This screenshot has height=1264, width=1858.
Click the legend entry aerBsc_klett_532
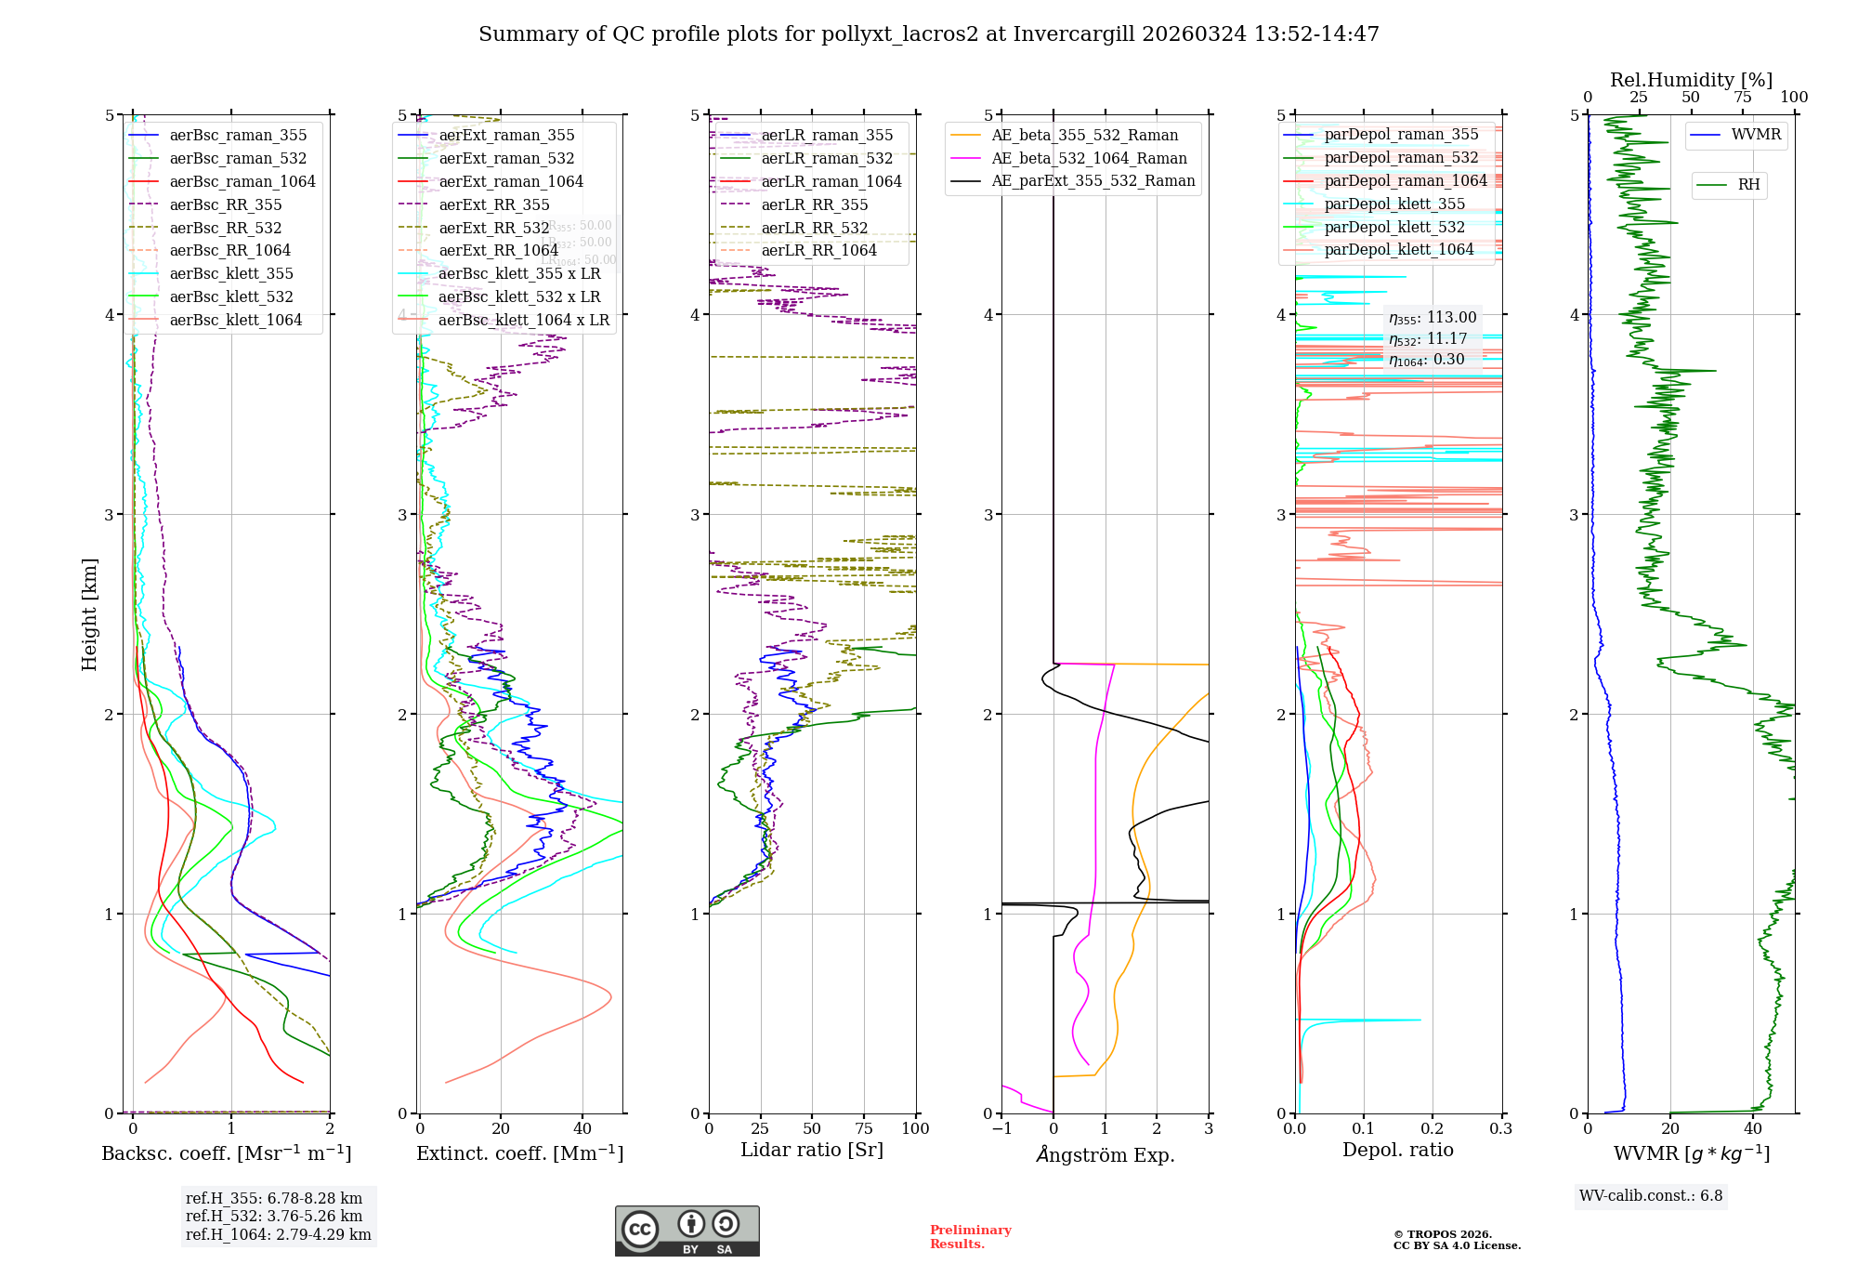click(x=230, y=297)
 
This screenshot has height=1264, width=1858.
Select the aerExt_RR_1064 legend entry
click(x=498, y=251)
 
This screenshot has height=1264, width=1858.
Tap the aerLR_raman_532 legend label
click(x=827, y=159)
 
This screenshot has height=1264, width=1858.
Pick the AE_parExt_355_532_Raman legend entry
click(x=1093, y=181)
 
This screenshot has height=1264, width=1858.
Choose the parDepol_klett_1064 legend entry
click(x=1398, y=250)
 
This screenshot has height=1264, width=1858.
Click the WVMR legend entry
click(x=1756, y=135)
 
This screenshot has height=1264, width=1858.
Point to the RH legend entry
click(x=1748, y=185)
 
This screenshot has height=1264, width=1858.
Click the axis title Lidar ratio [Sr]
click(x=812, y=1150)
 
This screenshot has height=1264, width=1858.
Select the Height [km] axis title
click(x=89, y=614)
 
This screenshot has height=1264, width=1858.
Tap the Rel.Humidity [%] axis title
click(x=1691, y=80)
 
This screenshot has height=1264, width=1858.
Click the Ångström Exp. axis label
click(x=1105, y=1154)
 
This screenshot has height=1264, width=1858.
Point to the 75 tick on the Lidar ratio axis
click(x=864, y=1129)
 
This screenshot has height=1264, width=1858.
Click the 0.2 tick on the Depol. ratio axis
click(x=1433, y=1129)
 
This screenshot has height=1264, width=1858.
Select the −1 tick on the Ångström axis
click(x=1001, y=1129)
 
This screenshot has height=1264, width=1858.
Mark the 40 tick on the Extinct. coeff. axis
click(x=582, y=1129)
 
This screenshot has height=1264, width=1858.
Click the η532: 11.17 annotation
click(x=1428, y=339)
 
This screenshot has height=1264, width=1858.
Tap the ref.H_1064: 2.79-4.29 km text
click(x=278, y=1235)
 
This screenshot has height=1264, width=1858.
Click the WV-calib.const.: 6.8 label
click(x=1651, y=1196)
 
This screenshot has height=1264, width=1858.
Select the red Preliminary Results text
click(x=970, y=1237)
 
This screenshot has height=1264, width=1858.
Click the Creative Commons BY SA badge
click(x=687, y=1231)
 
